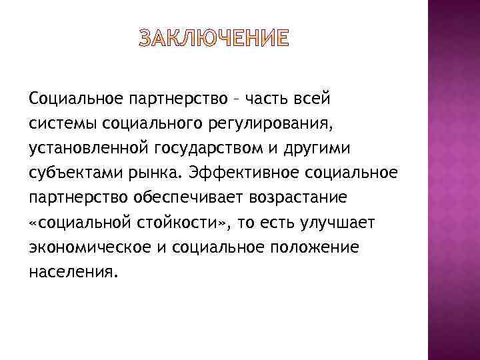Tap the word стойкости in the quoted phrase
[x=186, y=222]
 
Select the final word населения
[x=73, y=271]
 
